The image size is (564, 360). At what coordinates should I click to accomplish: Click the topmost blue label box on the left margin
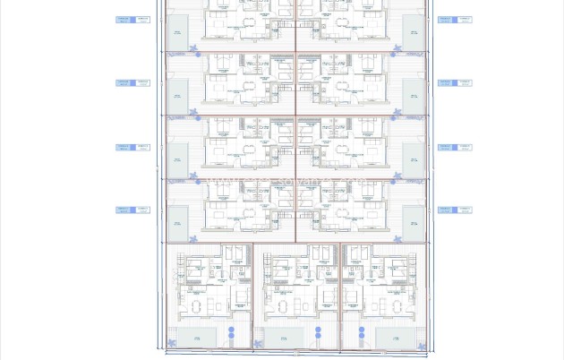[132, 20]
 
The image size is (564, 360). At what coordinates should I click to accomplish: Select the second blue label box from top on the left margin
[132, 83]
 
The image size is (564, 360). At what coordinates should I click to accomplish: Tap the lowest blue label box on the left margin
[132, 210]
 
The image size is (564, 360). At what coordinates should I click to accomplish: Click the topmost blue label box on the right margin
[455, 20]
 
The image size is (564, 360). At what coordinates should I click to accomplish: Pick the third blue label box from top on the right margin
[455, 147]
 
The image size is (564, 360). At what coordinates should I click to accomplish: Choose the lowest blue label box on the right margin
[455, 210]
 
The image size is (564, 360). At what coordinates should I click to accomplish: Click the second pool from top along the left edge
[178, 95]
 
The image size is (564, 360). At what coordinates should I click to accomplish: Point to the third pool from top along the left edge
[178, 159]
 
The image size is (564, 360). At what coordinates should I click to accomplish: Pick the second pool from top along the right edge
[412, 95]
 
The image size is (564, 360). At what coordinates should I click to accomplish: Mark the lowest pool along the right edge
[412, 222]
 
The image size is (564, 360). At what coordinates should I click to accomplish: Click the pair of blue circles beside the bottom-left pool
[230, 336]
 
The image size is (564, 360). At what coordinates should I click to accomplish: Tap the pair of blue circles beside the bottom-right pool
[362, 336]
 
